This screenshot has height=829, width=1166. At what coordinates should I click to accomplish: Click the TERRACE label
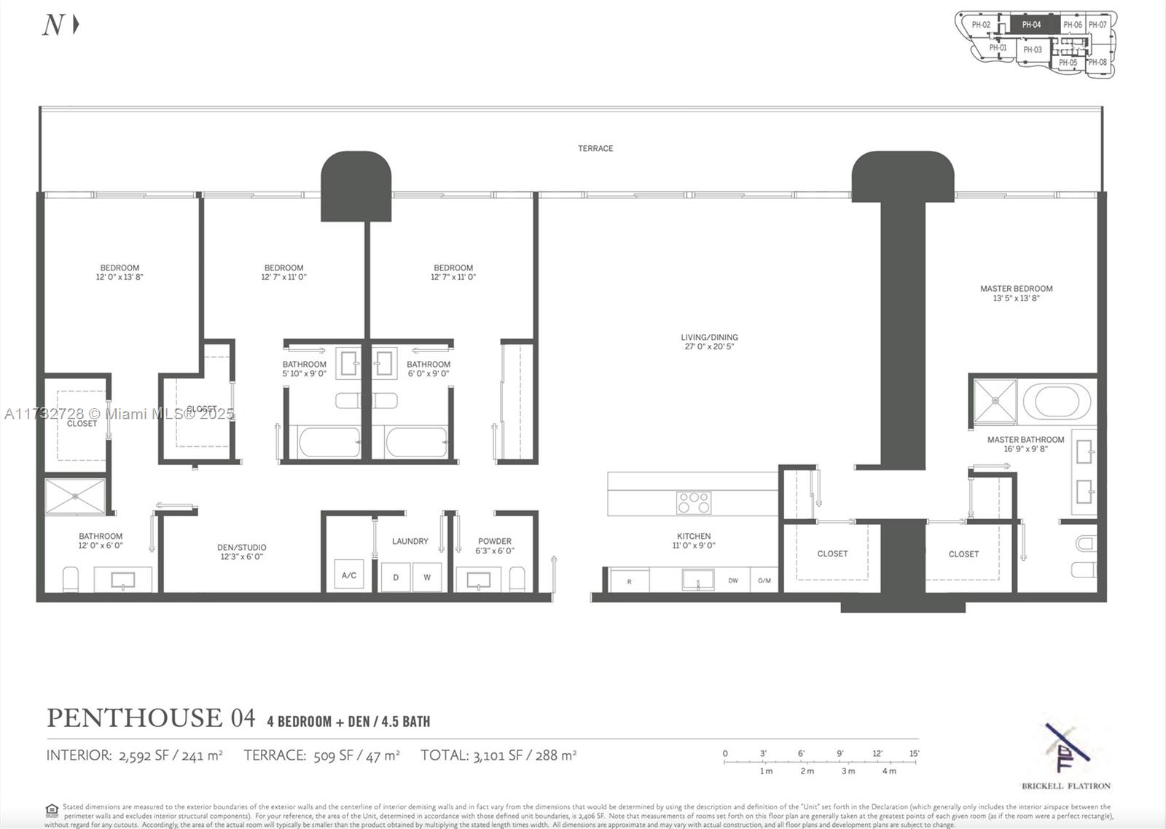pyautogui.click(x=595, y=148)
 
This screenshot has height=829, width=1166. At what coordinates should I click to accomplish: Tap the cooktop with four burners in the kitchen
pyautogui.click(x=693, y=502)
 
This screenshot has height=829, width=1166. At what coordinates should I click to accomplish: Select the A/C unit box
pyautogui.click(x=349, y=575)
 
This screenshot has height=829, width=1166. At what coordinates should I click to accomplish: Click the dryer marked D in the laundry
pyautogui.click(x=396, y=577)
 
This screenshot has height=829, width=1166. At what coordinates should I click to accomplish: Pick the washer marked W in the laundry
pyautogui.click(x=427, y=577)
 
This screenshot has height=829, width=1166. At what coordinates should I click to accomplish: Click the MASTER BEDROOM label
pyautogui.click(x=1016, y=289)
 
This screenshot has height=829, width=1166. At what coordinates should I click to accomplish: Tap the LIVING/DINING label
pyautogui.click(x=709, y=338)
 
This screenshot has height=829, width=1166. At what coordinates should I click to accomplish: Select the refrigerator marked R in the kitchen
pyautogui.click(x=629, y=581)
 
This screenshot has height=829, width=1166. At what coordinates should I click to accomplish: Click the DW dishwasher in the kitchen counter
pyautogui.click(x=733, y=580)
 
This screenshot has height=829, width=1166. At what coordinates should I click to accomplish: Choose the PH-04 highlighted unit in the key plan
pyautogui.click(x=1032, y=25)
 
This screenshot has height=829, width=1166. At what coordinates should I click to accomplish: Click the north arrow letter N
pyautogui.click(x=53, y=26)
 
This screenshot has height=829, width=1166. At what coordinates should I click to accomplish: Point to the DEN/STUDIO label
pyautogui.click(x=241, y=548)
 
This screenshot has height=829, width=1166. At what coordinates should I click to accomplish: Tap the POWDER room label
pyautogui.click(x=495, y=541)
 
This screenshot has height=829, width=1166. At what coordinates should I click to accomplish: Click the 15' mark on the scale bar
pyautogui.click(x=914, y=754)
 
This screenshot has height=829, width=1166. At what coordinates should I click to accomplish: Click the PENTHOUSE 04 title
pyautogui.click(x=151, y=718)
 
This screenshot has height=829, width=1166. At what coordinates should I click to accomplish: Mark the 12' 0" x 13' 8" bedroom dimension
pyautogui.click(x=120, y=277)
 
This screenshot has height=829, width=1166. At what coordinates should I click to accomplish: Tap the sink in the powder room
pyautogui.click(x=478, y=580)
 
